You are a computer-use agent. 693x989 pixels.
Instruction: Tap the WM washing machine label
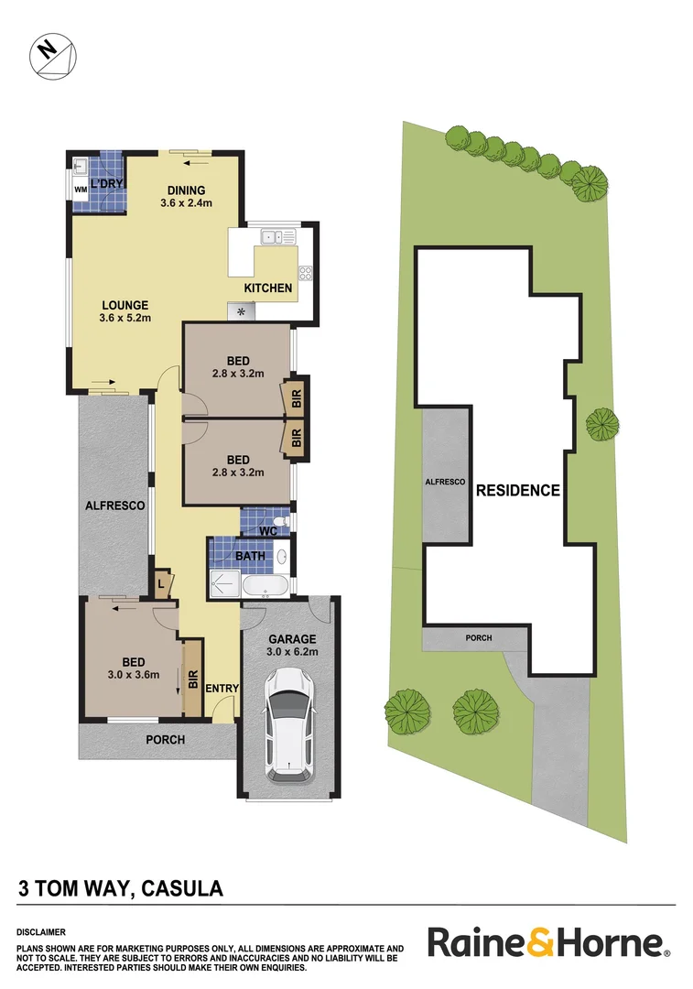(x=80, y=190)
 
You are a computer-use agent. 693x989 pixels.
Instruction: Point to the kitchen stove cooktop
(x=305, y=272)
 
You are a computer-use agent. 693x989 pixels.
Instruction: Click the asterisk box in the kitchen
(x=243, y=312)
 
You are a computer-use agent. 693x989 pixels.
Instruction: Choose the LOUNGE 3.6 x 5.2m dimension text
(x=125, y=319)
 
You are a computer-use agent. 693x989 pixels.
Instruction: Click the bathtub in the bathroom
(x=264, y=583)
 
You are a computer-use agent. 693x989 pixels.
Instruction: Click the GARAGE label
(x=291, y=639)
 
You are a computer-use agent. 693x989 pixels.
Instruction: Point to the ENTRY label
(x=222, y=689)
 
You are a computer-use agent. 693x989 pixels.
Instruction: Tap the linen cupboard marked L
(x=162, y=583)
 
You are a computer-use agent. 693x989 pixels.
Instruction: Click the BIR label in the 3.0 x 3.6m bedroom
(x=192, y=679)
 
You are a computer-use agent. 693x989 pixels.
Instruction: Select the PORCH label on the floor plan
(x=166, y=740)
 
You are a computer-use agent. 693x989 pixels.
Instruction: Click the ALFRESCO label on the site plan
(x=445, y=482)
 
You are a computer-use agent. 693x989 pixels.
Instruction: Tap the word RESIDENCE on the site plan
(x=517, y=491)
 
